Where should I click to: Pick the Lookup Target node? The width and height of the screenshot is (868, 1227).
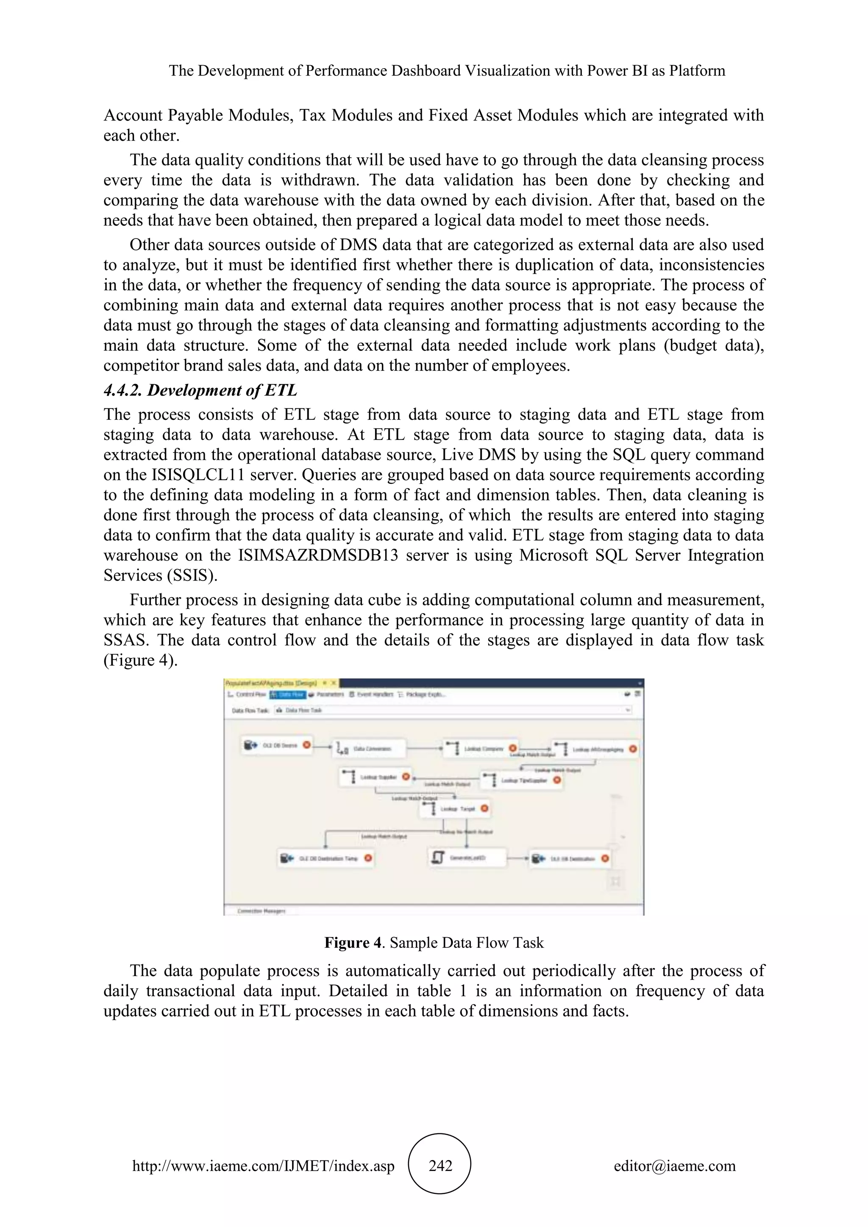point(454,808)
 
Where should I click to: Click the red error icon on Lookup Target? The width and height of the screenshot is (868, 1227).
point(484,808)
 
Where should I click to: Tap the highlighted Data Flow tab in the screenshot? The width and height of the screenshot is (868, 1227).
point(287,694)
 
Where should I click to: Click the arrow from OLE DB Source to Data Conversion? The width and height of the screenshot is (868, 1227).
point(322,747)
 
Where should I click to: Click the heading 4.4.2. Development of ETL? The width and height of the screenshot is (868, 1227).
point(200,390)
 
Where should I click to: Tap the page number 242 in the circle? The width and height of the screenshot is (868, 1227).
point(440,1166)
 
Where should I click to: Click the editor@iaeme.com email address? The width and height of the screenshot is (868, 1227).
point(674,1166)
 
